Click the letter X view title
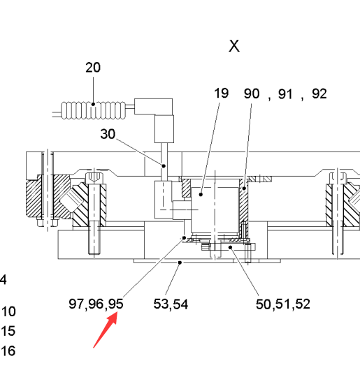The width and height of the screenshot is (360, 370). (x=234, y=46)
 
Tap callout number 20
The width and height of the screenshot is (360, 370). (x=93, y=68)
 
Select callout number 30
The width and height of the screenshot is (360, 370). (x=108, y=134)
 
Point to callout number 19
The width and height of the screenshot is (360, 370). (x=222, y=93)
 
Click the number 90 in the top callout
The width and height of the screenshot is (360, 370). (x=252, y=94)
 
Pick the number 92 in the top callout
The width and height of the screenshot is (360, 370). (x=319, y=94)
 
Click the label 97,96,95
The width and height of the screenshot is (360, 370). (x=96, y=304)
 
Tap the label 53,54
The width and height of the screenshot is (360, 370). (x=171, y=304)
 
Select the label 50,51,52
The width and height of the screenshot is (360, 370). (x=283, y=304)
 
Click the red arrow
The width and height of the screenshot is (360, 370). (x=106, y=330)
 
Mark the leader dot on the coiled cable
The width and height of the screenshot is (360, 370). (x=93, y=104)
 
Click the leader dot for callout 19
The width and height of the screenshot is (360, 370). (x=201, y=195)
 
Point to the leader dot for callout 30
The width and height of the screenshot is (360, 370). (x=164, y=166)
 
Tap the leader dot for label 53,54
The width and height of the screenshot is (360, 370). (x=180, y=262)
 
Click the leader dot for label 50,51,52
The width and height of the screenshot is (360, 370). (x=230, y=247)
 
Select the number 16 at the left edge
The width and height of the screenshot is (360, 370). (x=8, y=350)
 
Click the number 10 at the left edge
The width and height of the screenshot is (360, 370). (x=8, y=311)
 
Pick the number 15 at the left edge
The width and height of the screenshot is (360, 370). (x=8, y=331)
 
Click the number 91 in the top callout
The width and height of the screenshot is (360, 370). (x=286, y=94)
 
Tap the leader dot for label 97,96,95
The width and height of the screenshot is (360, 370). (x=185, y=238)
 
